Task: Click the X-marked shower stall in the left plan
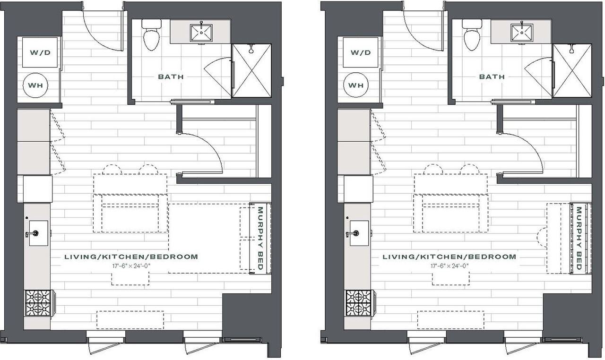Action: point(251,71)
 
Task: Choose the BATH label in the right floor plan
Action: point(492,77)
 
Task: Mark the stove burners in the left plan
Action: point(38,303)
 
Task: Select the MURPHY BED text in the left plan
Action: point(259,238)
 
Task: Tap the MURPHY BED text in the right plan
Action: point(580,238)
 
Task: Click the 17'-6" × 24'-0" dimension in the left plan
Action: point(131,266)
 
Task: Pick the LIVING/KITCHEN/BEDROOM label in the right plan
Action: point(449,257)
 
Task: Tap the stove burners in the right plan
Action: point(358,303)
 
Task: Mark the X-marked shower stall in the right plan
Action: point(572,71)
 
